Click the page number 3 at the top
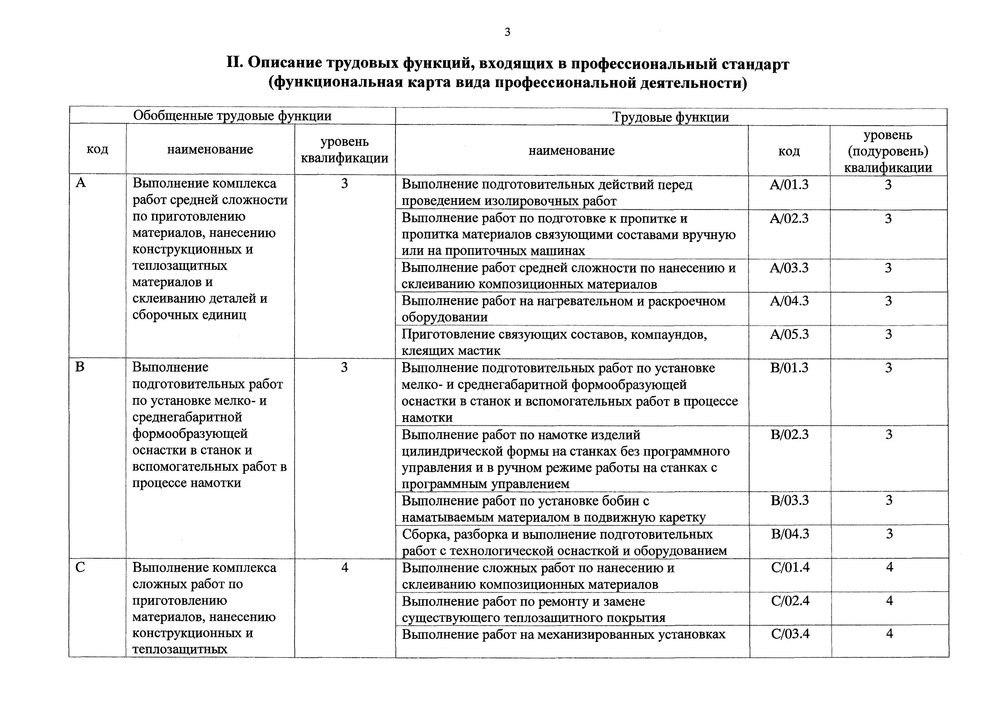pyautogui.click(x=507, y=32)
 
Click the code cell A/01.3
pyautogui.click(x=789, y=185)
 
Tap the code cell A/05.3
pyautogui.click(x=789, y=334)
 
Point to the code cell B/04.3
pyautogui.click(x=790, y=534)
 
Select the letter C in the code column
pyautogui.click(x=80, y=567)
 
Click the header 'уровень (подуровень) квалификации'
pyautogui.click(x=888, y=151)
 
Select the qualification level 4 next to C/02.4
pyautogui.click(x=889, y=601)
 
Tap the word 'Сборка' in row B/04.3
pyautogui.click(x=422, y=535)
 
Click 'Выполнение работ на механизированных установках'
pyautogui.click(x=563, y=635)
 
